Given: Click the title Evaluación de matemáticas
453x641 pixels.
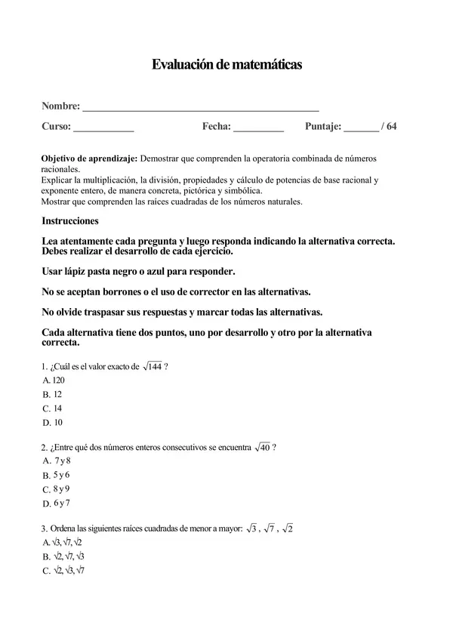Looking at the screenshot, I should point(226,65).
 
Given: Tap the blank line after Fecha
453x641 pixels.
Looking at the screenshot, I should point(258,128).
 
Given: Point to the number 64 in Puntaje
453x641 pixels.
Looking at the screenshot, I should point(391,127).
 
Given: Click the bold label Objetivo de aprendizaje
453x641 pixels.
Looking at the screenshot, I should point(89,159).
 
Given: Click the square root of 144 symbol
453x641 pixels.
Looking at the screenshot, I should point(152,367).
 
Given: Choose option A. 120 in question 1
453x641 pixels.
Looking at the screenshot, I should point(54,381).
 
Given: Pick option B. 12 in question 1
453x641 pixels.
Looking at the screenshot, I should point(52,394).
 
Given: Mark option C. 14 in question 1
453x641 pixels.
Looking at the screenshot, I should point(52,408).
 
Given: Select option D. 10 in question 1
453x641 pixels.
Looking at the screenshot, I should point(52,422).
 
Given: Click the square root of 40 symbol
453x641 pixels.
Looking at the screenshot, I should point(262,447).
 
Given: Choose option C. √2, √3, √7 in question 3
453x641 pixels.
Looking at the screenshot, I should point(63,571).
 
